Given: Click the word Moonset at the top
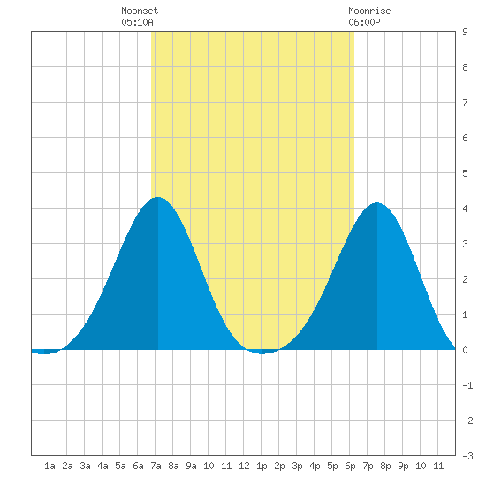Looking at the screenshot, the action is click(x=140, y=11).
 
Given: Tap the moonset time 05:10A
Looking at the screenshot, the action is click(x=137, y=22).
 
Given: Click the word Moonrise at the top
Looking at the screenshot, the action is click(x=369, y=11).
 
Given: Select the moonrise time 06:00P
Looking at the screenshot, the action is click(x=364, y=22).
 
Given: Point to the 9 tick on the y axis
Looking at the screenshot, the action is click(x=465, y=32).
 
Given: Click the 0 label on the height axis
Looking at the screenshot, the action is click(x=465, y=350).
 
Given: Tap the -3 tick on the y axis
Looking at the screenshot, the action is click(x=467, y=456).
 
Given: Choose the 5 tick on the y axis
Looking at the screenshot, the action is click(x=465, y=173).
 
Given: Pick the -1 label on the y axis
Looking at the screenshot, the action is click(x=467, y=385).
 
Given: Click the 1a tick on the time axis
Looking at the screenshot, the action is click(x=49, y=466).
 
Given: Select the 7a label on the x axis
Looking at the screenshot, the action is click(x=156, y=466).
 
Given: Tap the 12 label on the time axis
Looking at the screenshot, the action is click(x=244, y=466).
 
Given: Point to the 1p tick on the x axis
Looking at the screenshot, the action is click(x=262, y=466).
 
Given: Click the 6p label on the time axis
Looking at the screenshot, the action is click(x=350, y=466).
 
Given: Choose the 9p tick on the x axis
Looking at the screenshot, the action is click(x=403, y=466).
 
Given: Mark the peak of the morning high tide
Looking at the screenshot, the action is click(x=158, y=197).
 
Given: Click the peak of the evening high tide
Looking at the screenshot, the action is click(x=377, y=202).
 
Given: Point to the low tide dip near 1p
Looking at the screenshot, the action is click(x=262, y=353).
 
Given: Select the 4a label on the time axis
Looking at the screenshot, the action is click(x=103, y=466).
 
